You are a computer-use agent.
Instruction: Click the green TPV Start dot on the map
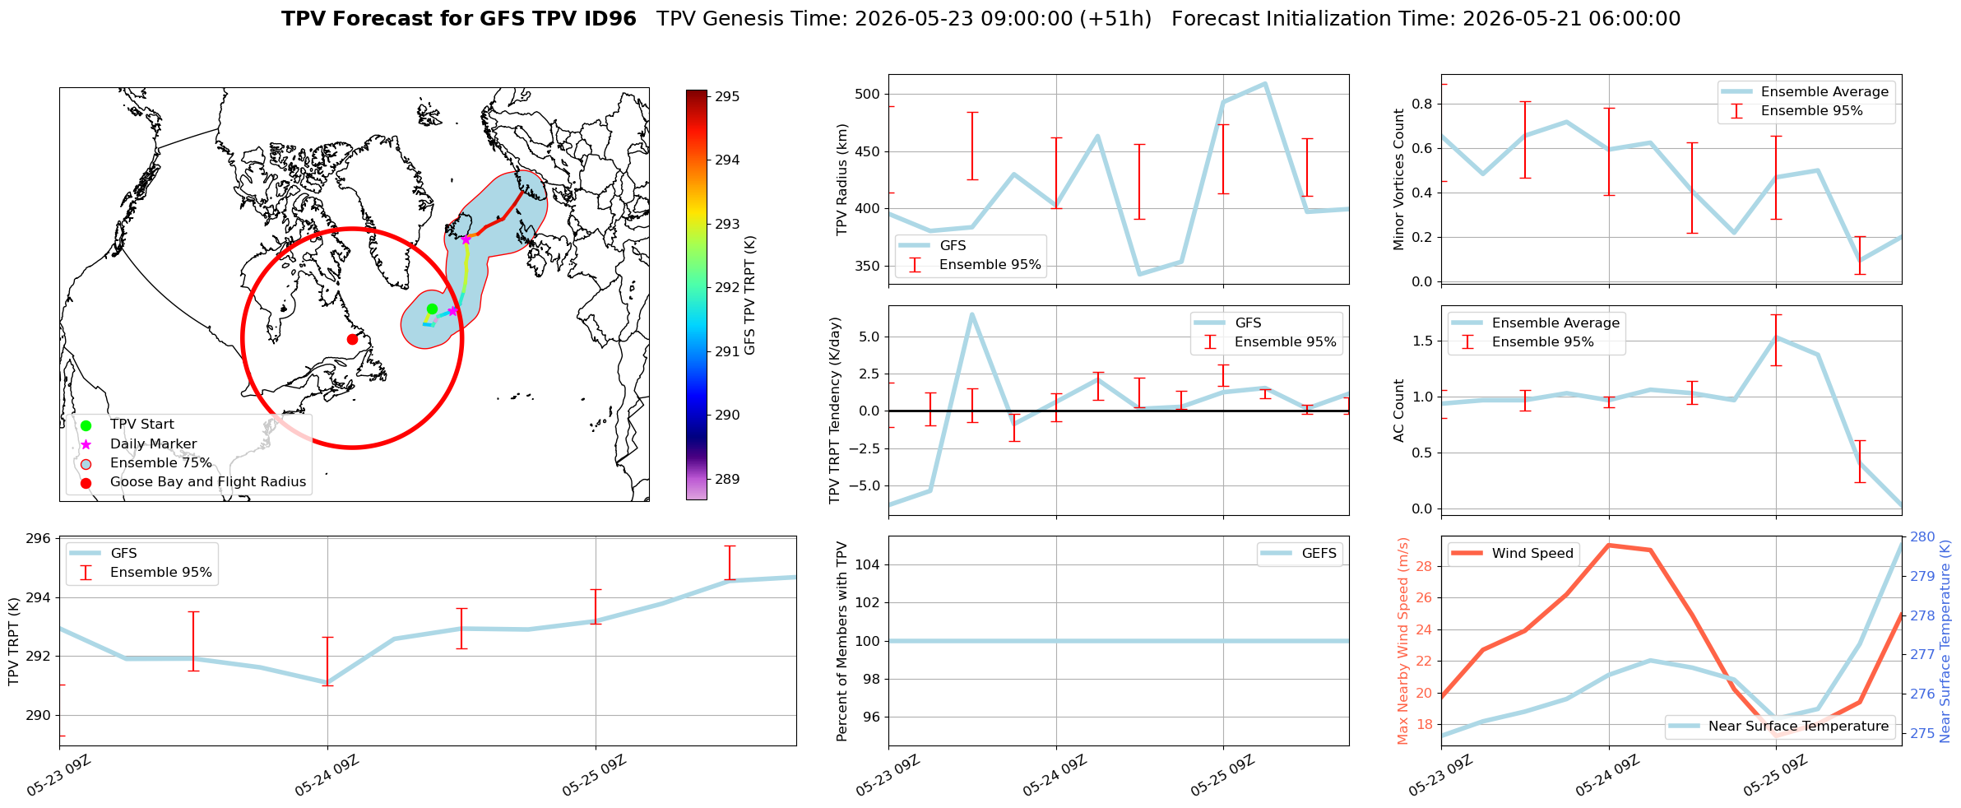tap(432, 309)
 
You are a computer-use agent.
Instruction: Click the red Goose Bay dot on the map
tap(352, 339)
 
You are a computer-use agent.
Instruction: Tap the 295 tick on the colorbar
tap(727, 96)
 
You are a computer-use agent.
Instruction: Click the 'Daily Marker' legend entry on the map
tap(154, 444)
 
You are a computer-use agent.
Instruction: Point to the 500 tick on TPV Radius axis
tap(869, 94)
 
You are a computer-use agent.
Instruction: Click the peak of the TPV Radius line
tap(1264, 83)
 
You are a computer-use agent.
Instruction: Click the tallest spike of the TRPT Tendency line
tap(971, 313)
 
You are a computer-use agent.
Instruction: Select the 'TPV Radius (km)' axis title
tap(841, 179)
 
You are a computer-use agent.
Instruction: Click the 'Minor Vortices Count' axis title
tap(1398, 179)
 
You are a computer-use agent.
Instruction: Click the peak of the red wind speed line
tap(1608, 545)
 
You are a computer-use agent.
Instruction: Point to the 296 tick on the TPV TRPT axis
tap(40, 539)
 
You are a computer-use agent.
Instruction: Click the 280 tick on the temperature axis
tap(1922, 537)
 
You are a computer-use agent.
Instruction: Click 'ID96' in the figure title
tap(610, 19)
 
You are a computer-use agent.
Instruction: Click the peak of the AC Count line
tap(1776, 337)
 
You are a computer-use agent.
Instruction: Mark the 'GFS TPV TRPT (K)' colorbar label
tap(750, 295)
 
